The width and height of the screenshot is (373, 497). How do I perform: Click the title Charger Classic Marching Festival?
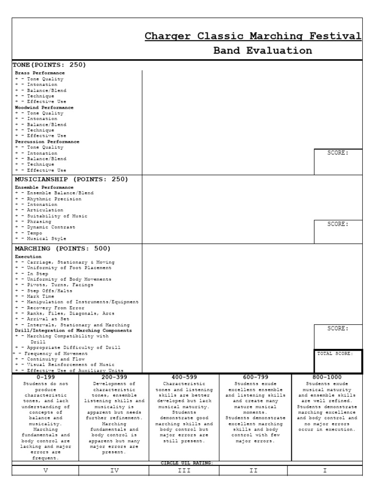click(253, 36)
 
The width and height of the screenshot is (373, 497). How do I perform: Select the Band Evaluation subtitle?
click(263, 51)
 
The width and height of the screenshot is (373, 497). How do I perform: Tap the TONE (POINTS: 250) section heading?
click(49, 65)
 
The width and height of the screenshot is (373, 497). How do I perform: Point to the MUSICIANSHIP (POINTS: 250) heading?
click(71, 179)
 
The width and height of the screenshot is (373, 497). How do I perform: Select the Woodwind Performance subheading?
click(44, 107)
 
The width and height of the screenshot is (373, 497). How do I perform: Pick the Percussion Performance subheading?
click(47, 142)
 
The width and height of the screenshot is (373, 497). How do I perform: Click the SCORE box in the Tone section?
click(338, 162)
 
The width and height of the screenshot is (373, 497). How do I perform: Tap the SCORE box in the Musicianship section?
click(338, 232)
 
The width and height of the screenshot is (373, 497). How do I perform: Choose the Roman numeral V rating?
click(46, 471)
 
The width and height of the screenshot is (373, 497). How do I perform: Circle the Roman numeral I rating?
click(325, 471)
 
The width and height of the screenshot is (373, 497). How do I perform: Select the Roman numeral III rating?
click(184, 471)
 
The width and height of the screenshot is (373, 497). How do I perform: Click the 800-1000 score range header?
click(327, 377)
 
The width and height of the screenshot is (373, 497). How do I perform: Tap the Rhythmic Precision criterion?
click(53, 199)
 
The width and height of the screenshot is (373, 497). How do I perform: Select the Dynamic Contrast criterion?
click(51, 227)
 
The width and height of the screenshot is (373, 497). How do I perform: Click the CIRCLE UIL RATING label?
click(187, 463)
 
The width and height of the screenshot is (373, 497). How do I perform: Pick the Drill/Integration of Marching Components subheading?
click(73, 331)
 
